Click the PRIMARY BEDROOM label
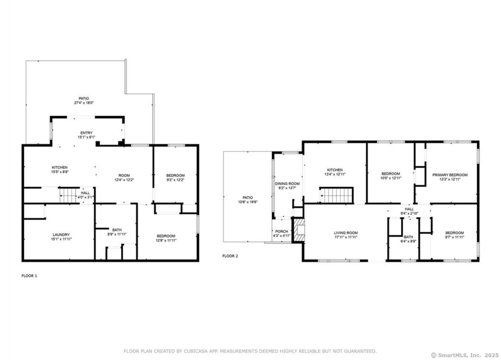450,175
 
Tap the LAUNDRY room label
61,235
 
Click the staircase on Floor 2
336,196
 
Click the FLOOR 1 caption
29,276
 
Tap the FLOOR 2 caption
230,256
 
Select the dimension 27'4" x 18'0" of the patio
84,103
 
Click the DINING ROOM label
288,184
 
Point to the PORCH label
282,231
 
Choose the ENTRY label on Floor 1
86,133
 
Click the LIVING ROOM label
346,233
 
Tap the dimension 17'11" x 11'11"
346,237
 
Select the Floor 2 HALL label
409,209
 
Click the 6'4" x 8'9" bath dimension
408,241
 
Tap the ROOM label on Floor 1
124,175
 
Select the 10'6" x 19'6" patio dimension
248,202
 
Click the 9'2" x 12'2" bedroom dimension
176,180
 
